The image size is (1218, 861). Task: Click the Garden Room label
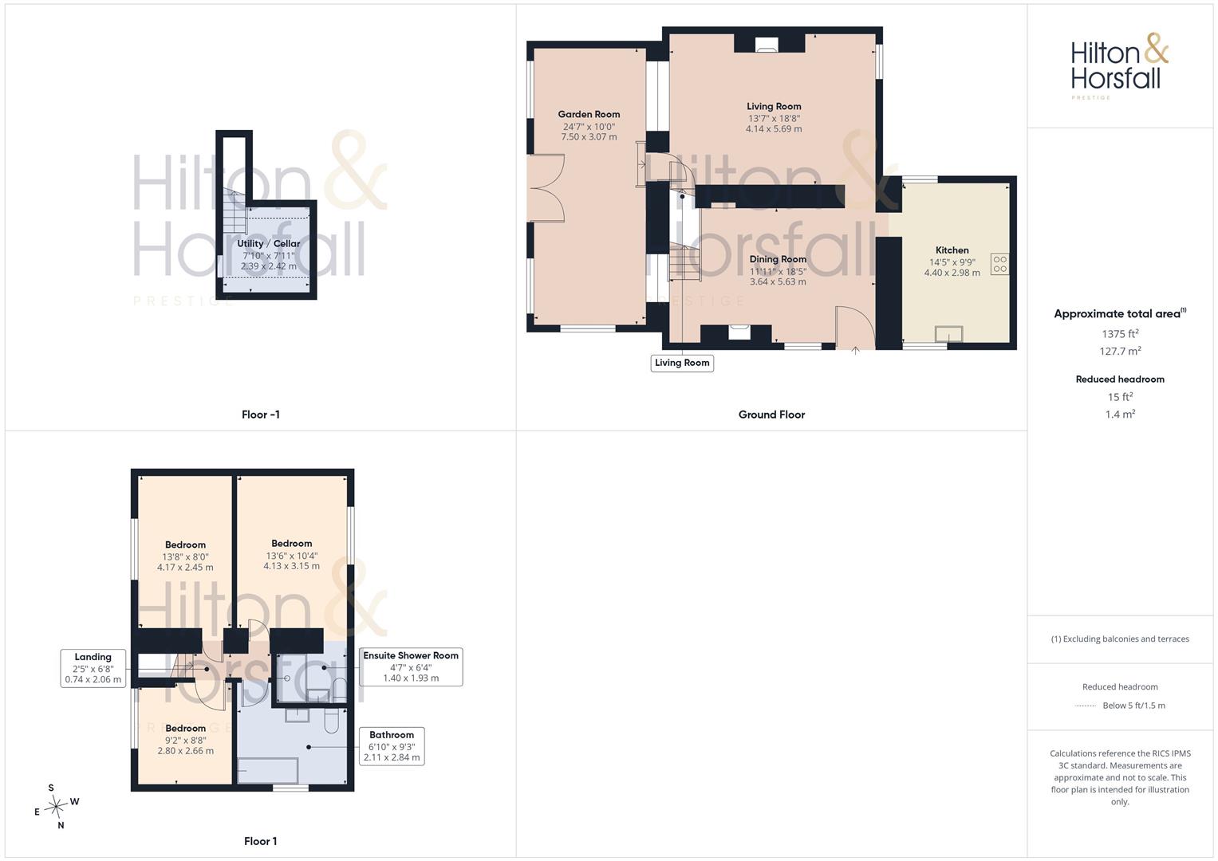589,114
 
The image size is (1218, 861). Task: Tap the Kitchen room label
952,250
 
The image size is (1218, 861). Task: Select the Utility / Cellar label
269,243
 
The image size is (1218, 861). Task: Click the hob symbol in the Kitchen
999,264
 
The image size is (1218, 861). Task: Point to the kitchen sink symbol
949,334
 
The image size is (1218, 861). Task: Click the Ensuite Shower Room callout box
411,666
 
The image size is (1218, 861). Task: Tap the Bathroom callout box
392,745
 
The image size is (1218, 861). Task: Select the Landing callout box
93,668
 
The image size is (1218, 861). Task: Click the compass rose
56,807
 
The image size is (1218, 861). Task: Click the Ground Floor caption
771,415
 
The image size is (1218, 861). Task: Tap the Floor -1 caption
261,415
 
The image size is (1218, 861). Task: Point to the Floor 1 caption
261,841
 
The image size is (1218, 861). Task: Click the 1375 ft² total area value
1120,334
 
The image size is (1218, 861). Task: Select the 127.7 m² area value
1120,351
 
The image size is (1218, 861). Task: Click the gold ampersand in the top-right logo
1156,48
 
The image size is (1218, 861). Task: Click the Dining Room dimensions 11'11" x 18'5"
778,271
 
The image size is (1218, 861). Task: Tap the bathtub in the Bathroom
268,771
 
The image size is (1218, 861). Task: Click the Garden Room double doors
546,188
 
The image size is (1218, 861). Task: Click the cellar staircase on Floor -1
235,213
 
